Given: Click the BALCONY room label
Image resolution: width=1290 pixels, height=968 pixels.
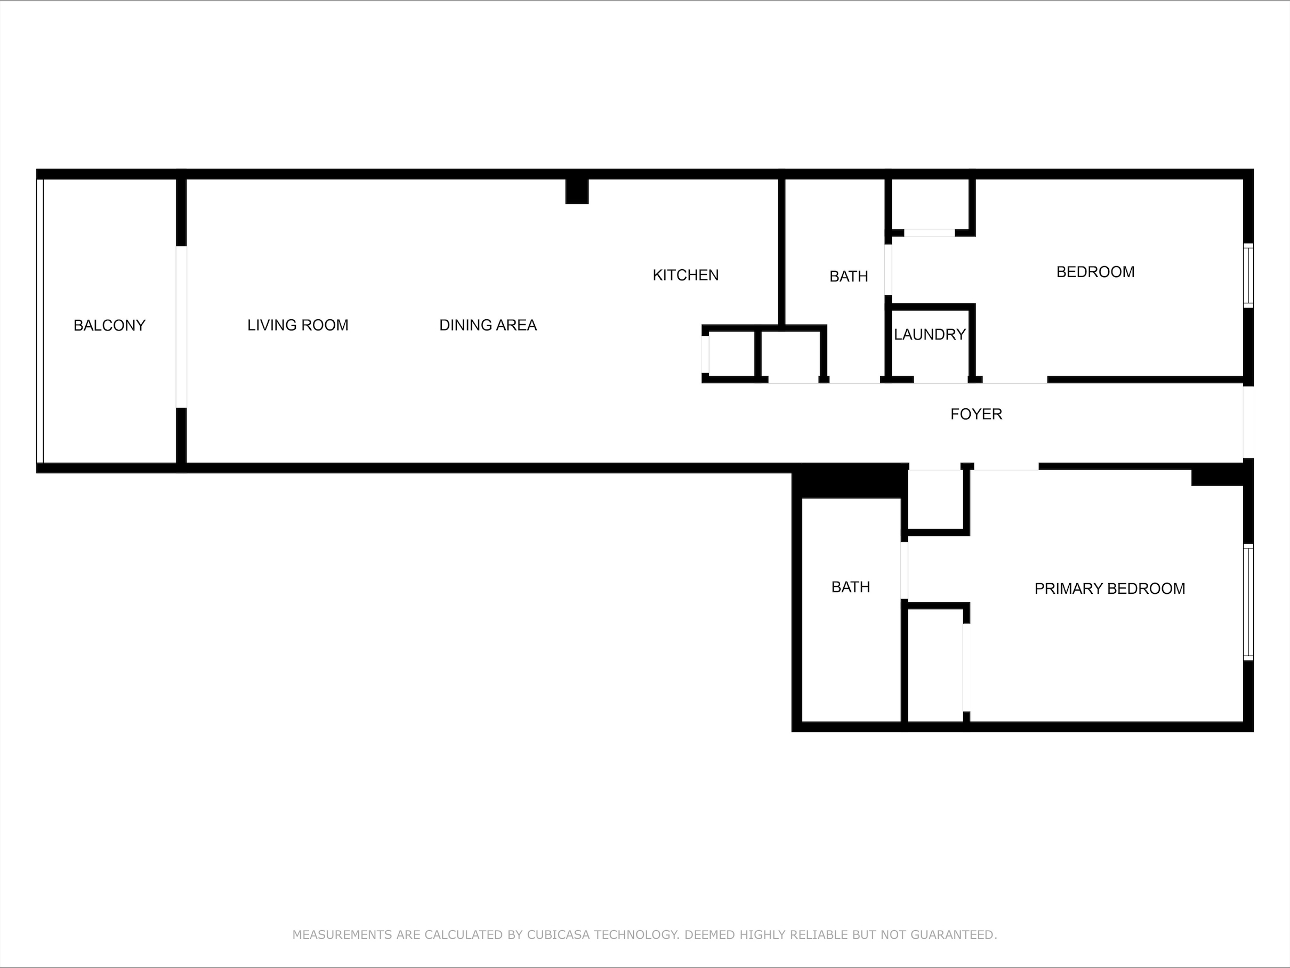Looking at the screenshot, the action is click(110, 325).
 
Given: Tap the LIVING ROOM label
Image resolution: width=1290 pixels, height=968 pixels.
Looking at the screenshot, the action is click(298, 325).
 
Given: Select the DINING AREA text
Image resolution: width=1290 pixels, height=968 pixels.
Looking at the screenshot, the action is click(488, 325).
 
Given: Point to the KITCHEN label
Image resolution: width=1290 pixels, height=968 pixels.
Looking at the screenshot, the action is click(686, 275).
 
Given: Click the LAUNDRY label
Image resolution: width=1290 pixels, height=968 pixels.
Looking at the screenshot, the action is click(930, 335).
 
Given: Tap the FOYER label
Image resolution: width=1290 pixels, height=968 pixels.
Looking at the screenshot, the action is click(976, 414).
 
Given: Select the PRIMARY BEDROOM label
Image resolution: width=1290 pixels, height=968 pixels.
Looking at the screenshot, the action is click(1110, 589).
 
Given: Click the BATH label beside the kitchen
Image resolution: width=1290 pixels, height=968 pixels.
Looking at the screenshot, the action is click(849, 277).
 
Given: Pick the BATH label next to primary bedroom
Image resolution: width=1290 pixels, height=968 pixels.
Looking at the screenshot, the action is click(851, 587).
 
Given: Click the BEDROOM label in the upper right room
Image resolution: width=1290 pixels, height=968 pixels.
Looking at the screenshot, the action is click(1096, 272).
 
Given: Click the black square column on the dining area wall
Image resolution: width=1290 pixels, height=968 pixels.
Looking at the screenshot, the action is click(577, 191).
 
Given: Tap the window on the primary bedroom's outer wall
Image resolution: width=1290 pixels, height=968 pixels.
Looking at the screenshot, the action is click(1248, 602).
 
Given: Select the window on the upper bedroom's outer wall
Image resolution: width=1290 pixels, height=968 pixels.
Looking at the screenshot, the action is click(1248, 275).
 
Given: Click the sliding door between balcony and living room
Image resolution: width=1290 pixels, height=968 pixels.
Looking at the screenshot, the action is click(181, 327).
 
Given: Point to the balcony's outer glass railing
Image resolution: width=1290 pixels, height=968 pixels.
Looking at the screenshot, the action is click(39, 321).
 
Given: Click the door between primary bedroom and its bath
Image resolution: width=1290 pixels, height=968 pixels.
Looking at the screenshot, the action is click(905, 571).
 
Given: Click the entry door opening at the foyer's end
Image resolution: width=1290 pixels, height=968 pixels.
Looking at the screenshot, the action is click(1248, 422).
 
